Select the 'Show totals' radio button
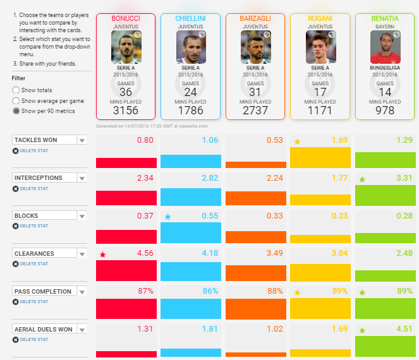click(16, 90)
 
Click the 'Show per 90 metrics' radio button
click(16, 111)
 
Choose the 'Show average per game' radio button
click(16, 100)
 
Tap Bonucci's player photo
click(126, 46)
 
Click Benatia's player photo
click(386, 46)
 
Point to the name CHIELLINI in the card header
click(191, 19)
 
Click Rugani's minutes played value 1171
click(320, 111)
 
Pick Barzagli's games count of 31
click(255, 92)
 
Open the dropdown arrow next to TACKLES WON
click(82, 141)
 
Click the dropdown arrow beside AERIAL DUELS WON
click(82, 330)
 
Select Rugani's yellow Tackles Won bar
click(320, 157)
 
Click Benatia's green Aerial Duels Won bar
click(385, 347)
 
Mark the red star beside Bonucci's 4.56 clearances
click(102, 255)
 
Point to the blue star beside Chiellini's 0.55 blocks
click(167, 217)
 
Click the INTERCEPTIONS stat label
click(39, 178)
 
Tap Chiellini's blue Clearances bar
click(191, 271)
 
